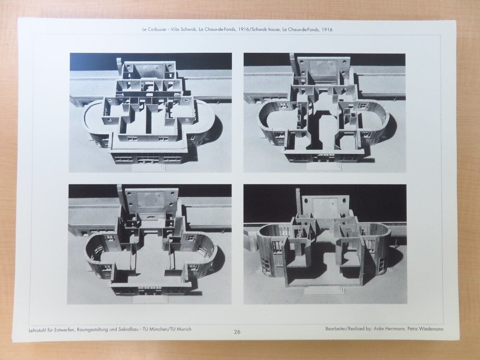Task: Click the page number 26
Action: (x=237, y=332)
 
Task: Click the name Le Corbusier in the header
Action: (x=154, y=30)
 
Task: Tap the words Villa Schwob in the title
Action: (x=183, y=30)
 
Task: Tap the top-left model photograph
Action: (x=150, y=112)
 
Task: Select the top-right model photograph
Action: (x=324, y=112)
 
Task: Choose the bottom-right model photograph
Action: (x=325, y=244)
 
